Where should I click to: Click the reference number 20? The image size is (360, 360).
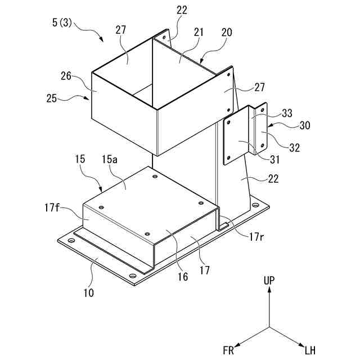click(x=227, y=33)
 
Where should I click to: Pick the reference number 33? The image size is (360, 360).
click(x=287, y=113)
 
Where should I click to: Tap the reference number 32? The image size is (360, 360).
click(x=295, y=148)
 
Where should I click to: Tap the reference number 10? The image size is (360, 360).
click(x=89, y=292)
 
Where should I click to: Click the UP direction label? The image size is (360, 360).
click(x=269, y=280)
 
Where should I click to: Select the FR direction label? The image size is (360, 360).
click(x=228, y=350)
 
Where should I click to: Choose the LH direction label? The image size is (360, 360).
click(x=310, y=350)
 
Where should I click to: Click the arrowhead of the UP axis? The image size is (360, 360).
click(x=269, y=289)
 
